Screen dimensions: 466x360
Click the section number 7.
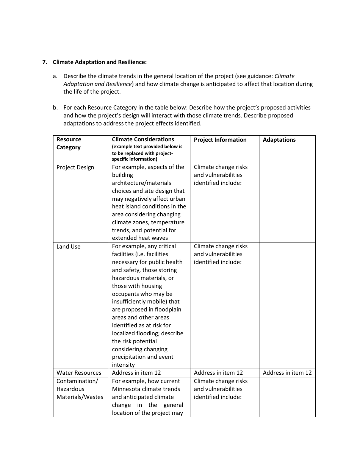click(44, 62)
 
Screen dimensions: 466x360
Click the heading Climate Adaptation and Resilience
click(99, 62)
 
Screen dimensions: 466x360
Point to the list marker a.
click(55, 76)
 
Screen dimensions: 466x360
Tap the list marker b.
click(55, 108)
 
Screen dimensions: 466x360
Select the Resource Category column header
click(69, 143)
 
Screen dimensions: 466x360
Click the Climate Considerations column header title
click(143, 139)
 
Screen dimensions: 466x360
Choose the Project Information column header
click(220, 140)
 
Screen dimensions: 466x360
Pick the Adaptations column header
click(279, 140)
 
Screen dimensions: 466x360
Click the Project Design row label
click(75, 167)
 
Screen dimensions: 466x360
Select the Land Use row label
click(68, 247)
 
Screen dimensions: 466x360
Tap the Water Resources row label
click(79, 373)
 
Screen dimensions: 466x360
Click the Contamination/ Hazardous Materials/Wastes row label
click(80, 389)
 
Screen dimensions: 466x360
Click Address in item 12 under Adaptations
click(287, 373)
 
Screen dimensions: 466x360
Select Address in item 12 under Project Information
click(218, 373)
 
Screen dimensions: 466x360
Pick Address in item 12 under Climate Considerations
click(136, 373)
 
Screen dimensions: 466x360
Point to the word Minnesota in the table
click(127, 389)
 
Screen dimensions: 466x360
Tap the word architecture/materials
click(141, 183)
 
